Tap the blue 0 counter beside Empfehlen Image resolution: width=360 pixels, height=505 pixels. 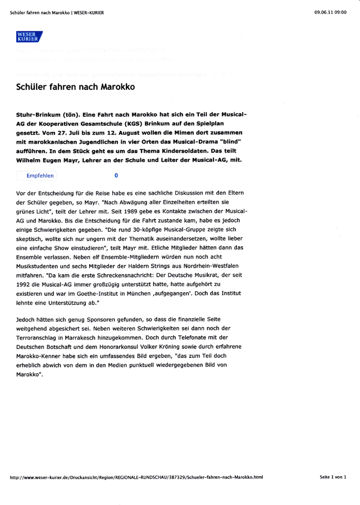coord(116,176)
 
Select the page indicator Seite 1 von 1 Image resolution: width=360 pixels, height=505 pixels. coord(333,477)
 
